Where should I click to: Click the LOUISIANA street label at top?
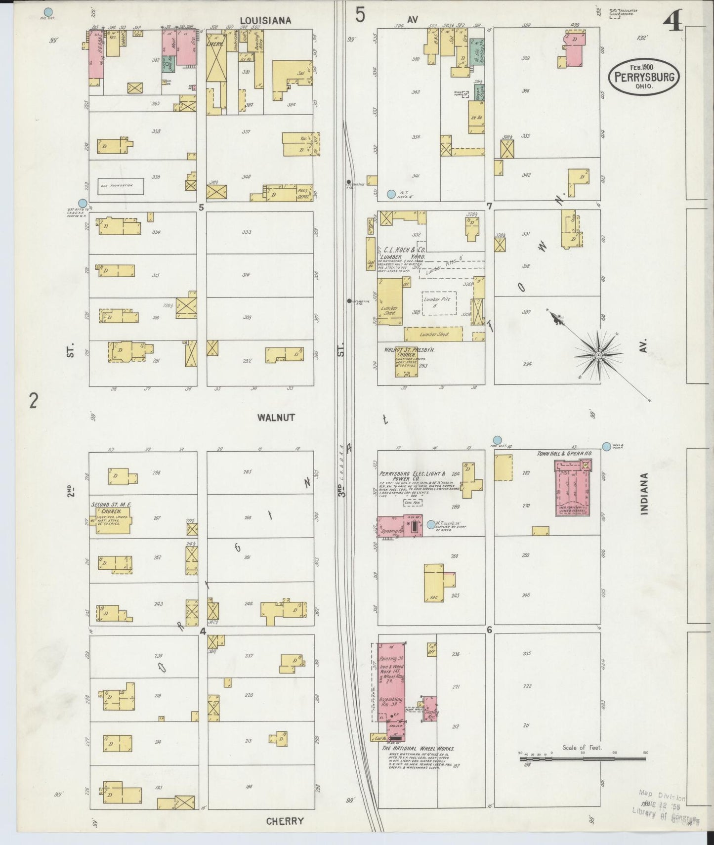tap(265, 20)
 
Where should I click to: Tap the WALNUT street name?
tap(276, 418)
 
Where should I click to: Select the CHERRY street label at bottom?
tap(285, 821)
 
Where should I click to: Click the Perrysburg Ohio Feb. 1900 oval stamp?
tap(644, 77)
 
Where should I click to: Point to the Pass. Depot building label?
tap(303, 195)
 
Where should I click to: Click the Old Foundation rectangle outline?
tap(121, 186)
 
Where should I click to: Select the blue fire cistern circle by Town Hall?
tap(498, 440)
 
